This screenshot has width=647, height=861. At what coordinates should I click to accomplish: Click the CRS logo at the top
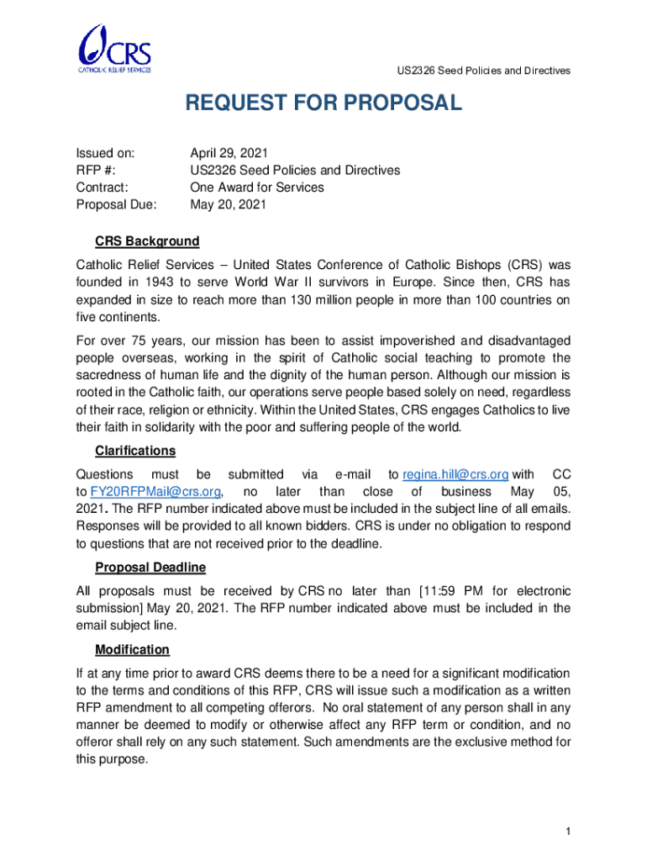[x=114, y=50]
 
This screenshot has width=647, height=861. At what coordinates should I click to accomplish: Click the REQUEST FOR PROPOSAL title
[x=323, y=103]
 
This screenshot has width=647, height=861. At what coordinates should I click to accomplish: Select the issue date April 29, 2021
[x=229, y=152]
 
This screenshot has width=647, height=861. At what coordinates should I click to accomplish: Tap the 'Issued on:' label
[x=106, y=152]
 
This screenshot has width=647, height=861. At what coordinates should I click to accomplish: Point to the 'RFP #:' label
[x=97, y=170]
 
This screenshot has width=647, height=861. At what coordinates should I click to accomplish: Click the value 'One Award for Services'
[x=257, y=187]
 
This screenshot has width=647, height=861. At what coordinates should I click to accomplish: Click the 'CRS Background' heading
[x=147, y=242]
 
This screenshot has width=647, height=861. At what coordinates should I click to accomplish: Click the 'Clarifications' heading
[x=135, y=451]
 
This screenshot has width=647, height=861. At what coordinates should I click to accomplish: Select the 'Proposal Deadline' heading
[x=150, y=568]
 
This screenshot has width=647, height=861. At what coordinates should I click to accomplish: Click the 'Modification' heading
[x=132, y=650]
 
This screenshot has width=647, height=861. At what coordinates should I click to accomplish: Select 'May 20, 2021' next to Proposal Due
[x=229, y=204]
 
